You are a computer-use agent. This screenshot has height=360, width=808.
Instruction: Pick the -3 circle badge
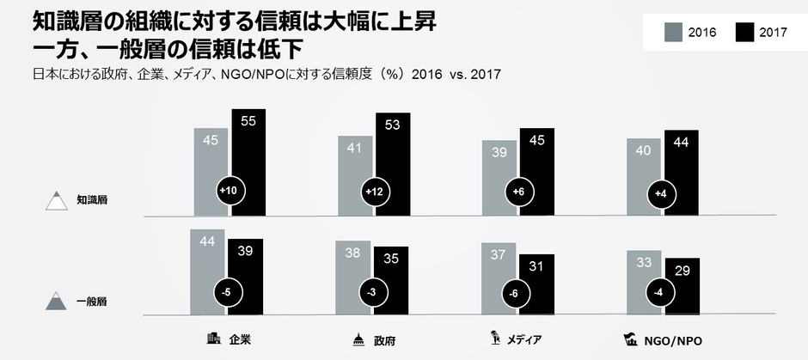[372, 293]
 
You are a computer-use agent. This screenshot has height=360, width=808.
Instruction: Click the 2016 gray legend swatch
[673, 33]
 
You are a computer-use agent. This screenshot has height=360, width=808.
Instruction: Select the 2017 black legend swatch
[745, 33]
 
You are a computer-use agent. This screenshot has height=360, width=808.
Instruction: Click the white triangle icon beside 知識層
[58, 201]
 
